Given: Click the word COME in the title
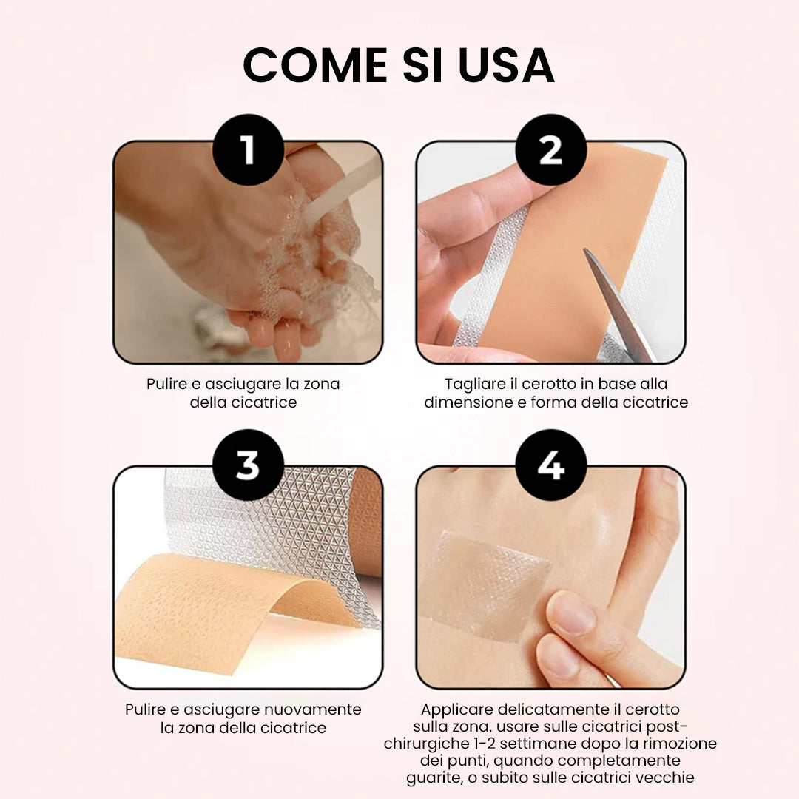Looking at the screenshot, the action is point(315,65).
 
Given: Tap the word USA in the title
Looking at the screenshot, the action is point(506,65).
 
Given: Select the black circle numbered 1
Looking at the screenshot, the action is point(248,149).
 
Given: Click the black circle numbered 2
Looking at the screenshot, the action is point(551,149).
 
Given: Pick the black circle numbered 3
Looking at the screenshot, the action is point(248,465).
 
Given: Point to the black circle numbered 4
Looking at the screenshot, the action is point(551,465).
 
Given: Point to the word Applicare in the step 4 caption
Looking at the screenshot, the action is point(457,709).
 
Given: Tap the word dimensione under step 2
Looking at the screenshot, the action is point(468,402).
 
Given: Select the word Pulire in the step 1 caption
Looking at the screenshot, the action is point(166,384).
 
